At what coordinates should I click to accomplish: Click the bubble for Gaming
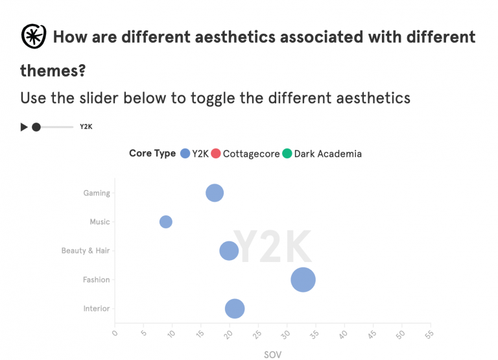215,193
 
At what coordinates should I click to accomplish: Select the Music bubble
166,222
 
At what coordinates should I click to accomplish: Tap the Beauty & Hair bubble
229,250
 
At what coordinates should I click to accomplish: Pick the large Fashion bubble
303,280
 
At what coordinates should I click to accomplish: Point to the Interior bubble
235,309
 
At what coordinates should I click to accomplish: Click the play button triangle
24,127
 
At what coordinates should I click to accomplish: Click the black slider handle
36,127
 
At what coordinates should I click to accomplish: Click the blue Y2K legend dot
185,154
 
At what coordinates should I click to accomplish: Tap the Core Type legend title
152,154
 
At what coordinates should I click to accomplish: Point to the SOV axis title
272,354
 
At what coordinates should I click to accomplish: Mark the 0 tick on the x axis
115,334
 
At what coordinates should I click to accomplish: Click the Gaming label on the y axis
97,193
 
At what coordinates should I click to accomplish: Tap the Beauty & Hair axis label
86,250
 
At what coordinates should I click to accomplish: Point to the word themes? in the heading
53,69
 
